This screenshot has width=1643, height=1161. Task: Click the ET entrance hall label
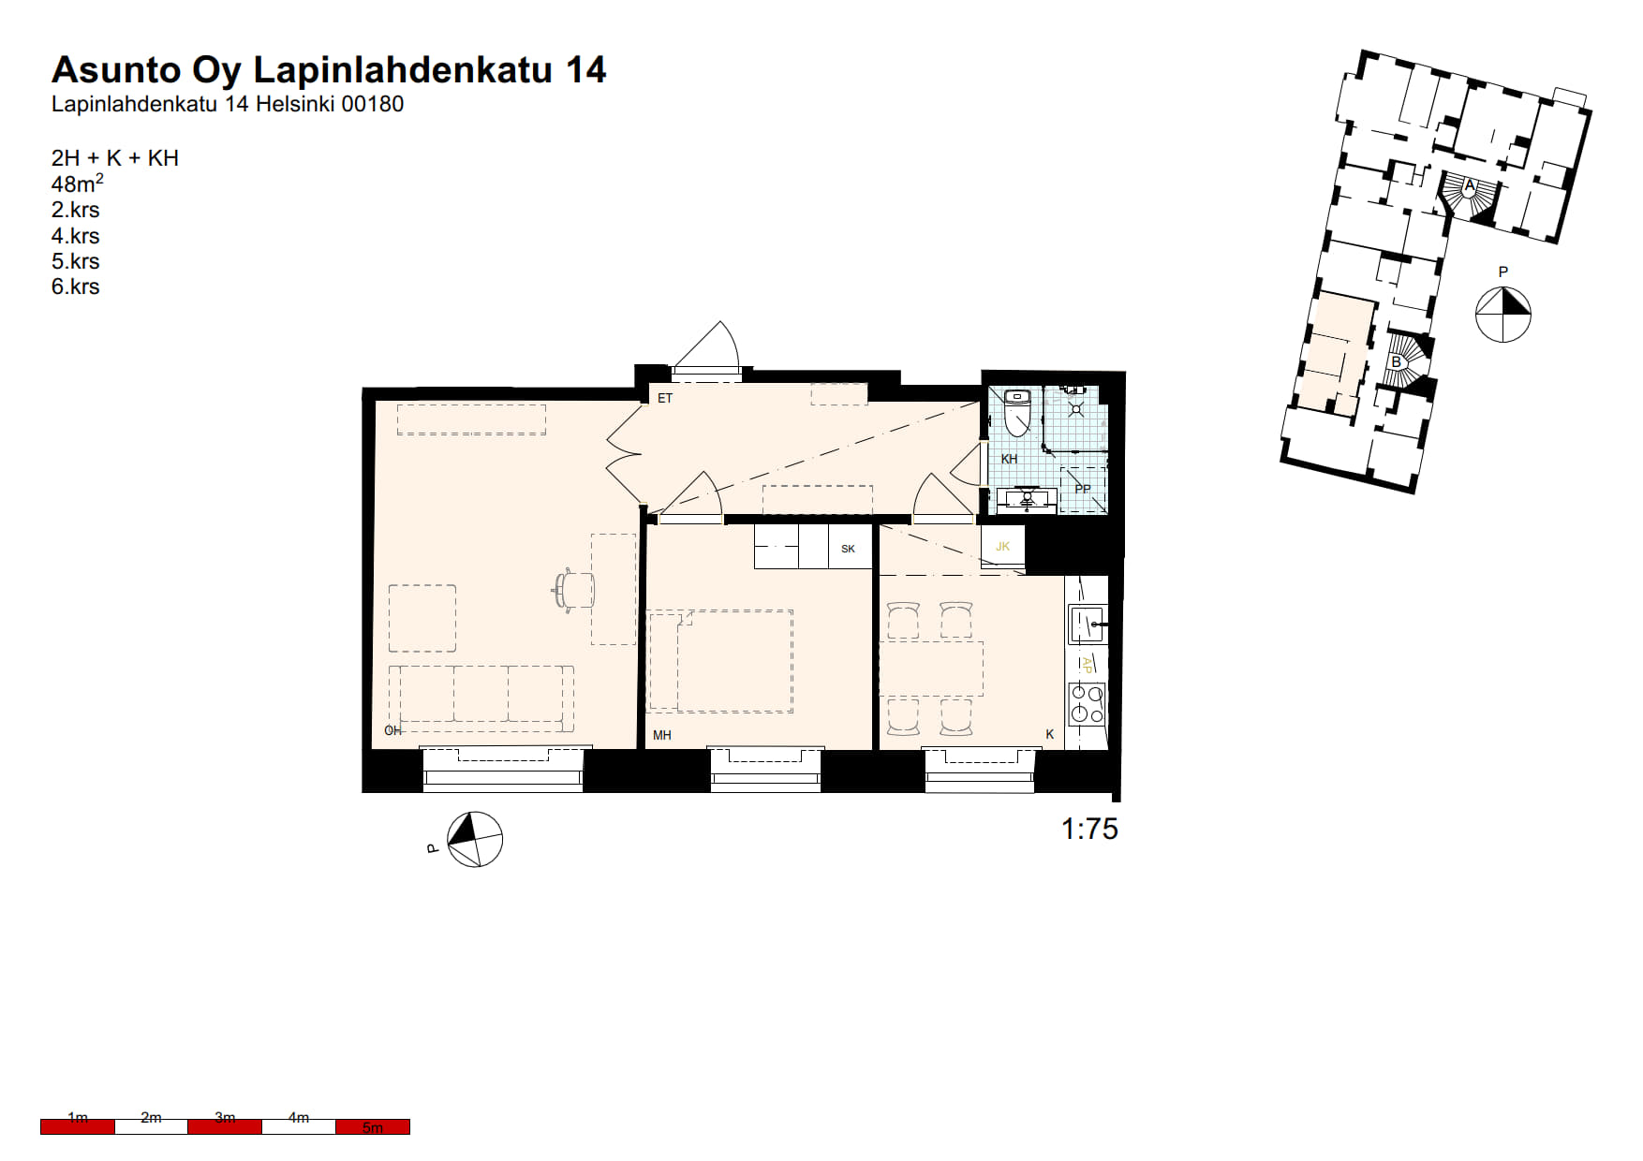point(665,398)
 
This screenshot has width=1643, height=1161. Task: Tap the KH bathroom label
point(1009,459)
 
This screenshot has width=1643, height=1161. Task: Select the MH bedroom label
point(662,735)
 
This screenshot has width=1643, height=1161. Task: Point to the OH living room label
point(392,730)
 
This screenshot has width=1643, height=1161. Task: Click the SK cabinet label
point(848,549)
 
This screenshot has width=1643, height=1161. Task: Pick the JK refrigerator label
point(1003,547)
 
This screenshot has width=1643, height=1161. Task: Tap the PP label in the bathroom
point(1083,489)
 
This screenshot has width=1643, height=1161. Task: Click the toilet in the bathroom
point(1017,412)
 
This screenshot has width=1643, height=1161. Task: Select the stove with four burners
point(1088,703)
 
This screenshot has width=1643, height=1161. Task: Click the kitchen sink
point(1088,624)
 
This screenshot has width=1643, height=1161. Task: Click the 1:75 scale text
point(1089,829)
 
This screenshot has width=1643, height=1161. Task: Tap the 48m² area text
point(78,184)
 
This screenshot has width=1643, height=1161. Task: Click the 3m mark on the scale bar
point(225,1117)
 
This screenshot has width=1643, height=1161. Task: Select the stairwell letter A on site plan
point(1470,185)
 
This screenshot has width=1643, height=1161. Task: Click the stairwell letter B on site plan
point(1397,362)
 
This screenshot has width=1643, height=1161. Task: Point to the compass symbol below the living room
point(475,840)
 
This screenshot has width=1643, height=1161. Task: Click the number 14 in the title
point(585,70)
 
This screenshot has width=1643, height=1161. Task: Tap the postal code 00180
point(373,104)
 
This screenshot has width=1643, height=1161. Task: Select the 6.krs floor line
point(75,287)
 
